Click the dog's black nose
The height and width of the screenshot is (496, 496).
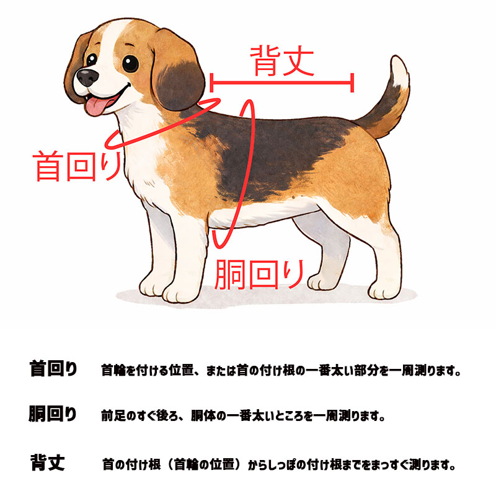click(x=86, y=77)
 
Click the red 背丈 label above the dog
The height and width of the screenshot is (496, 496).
click(x=281, y=60)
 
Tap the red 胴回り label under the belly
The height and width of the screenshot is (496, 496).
click(x=260, y=274)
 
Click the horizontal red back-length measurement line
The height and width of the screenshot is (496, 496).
click(x=282, y=82)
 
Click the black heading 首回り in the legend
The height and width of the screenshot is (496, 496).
click(x=53, y=370)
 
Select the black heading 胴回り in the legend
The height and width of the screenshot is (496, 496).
click(x=53, y=414)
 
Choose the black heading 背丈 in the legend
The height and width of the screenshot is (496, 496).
click(x=47, y=463)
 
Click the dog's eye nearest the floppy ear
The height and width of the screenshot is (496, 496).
click(x=131, y=63)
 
